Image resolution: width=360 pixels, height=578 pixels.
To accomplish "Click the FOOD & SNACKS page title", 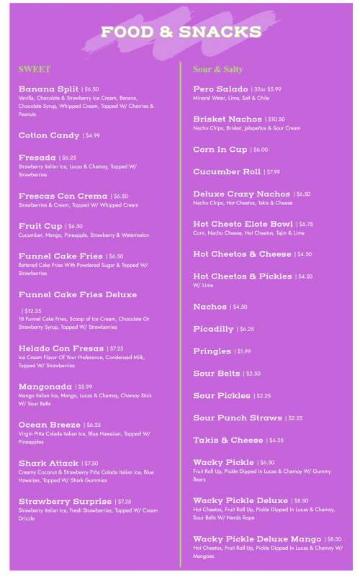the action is click(181, 32).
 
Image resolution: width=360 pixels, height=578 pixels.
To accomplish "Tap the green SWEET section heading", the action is click(35, 69).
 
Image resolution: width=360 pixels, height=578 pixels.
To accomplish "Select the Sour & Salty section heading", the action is click(217, 69).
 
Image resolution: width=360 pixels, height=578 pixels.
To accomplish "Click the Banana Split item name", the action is click(48, 89).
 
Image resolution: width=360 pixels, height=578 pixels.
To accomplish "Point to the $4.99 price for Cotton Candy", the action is click(92, 135).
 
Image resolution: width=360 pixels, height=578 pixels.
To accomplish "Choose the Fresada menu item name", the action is click(37, 157).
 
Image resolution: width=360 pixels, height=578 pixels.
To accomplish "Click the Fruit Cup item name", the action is click(40, 225).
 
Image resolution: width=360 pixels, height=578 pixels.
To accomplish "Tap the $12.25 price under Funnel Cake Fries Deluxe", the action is click(32, 311).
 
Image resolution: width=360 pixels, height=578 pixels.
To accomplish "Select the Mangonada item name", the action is click(45, 387).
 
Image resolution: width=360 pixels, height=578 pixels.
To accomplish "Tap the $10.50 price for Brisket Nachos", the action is click(276, 119).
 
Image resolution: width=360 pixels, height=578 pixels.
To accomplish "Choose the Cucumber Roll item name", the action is click(227, 171).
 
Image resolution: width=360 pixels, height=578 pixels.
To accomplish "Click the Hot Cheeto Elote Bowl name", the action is click(243, 223).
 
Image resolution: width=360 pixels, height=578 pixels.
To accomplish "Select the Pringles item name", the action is click(212, 351).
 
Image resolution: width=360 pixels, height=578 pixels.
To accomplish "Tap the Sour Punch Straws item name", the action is click(238, 417).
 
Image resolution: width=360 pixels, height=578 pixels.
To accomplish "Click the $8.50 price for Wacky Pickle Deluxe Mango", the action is click(334, 538).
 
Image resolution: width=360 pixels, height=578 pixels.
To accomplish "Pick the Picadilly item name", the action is click(213, 329).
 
